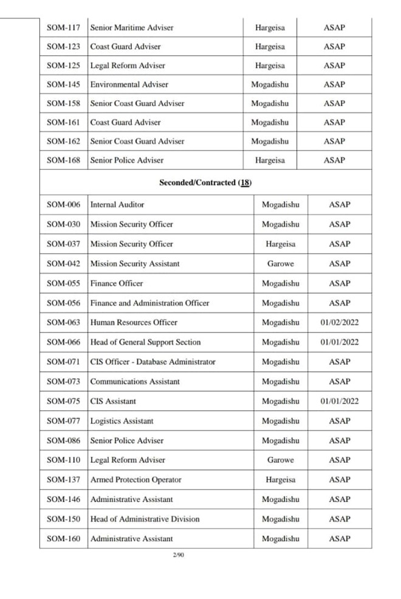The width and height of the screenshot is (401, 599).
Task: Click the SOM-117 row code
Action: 63,27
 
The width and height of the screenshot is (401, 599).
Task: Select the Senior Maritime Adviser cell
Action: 132,27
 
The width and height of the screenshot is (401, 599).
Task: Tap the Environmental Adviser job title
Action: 129,84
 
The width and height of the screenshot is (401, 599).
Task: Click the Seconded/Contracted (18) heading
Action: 205,183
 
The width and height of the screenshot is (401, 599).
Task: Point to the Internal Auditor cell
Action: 117,205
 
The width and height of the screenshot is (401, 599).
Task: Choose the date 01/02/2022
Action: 340,322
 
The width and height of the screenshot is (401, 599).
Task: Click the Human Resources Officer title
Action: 134,322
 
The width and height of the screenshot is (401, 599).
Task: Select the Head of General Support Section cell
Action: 145,342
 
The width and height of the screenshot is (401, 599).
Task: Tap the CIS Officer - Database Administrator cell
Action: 153,362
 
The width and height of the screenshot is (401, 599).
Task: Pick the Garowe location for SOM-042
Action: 280,264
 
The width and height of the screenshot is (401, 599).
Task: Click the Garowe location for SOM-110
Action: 280,460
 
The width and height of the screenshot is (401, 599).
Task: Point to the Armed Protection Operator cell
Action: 135,479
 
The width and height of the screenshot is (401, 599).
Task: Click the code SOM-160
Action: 63,538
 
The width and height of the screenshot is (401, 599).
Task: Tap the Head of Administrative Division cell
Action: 145,519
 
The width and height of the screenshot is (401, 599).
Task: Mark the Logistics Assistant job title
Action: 122,421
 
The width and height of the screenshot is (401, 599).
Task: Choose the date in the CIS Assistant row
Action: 340,401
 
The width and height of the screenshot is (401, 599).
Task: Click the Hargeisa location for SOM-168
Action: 270,160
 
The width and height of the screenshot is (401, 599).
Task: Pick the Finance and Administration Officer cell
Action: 149,303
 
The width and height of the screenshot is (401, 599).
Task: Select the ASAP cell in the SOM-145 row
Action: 334,84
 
